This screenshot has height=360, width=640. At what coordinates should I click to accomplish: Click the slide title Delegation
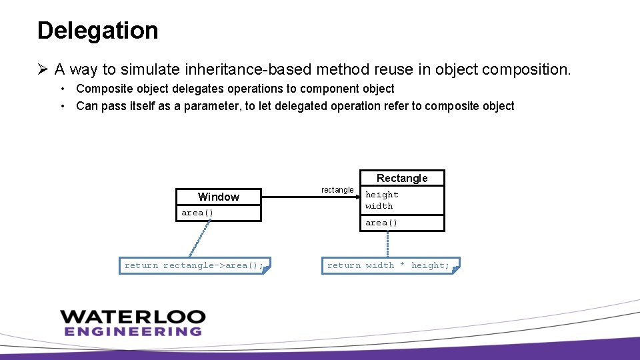(97, 31)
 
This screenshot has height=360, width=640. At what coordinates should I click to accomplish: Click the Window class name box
(218, 197)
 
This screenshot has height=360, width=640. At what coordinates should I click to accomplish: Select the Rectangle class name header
(402, 178)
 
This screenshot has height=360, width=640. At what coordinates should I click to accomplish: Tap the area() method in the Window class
(197, 213)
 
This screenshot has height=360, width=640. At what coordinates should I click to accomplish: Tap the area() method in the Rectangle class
(381, 223)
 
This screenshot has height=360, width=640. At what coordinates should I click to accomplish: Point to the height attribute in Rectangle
(382, 195)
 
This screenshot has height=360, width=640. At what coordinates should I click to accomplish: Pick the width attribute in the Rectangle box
(379, 206)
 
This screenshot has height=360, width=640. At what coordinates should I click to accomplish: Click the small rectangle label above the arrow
(337, 190)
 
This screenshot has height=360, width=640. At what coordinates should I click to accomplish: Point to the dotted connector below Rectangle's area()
(388, 244)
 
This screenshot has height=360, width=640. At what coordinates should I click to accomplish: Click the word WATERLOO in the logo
(133, 317)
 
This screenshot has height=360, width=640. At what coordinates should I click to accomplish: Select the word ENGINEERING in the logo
(133, 331)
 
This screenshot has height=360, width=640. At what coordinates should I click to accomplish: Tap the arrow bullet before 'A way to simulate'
(43, 69)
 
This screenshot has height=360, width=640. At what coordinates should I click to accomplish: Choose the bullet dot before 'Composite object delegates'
(62, 89)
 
